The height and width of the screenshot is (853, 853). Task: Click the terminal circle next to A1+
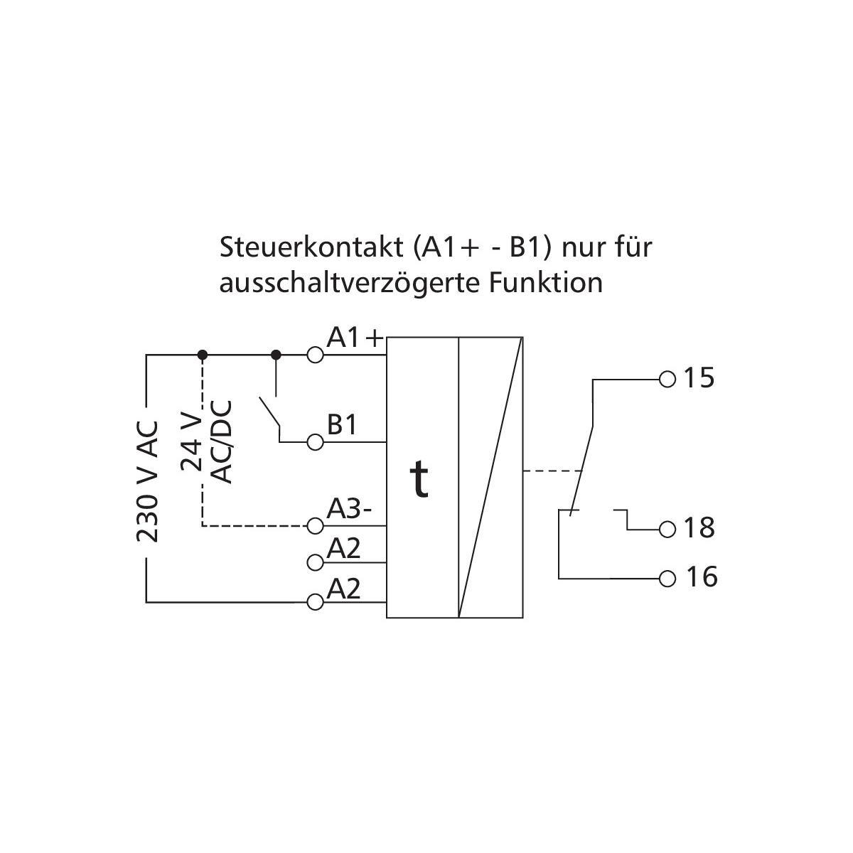point(315,354)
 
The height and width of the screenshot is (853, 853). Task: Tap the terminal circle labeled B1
point(315,443)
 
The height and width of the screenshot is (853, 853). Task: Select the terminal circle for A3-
point(315,526)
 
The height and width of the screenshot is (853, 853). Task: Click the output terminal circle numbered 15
point(667,379)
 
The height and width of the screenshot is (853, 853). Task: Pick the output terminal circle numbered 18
point(667,530)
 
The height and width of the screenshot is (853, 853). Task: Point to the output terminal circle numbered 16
point(667,578)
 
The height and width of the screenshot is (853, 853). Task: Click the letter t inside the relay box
point(421,480)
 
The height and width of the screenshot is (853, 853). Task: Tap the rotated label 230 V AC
point(147,482)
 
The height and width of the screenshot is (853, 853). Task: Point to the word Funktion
point(546,282)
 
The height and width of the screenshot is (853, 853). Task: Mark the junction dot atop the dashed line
point(203,354)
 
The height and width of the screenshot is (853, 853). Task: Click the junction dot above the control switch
point(277,354)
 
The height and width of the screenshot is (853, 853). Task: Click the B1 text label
point(342,425)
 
